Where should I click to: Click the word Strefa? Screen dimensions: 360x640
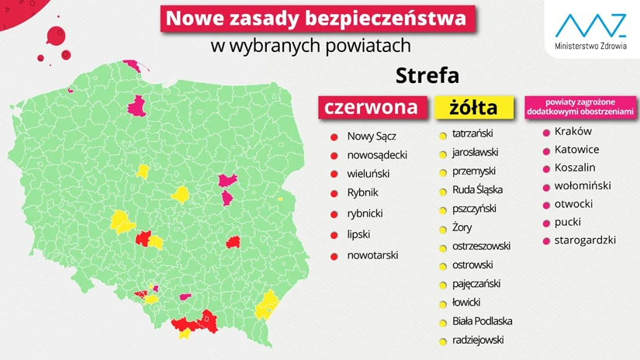pyautogui.click(x=427, y=76)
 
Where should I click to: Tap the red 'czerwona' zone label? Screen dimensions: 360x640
pyautogui.click(x=370, y=107)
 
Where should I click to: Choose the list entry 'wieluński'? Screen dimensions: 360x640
pyautogui.click(x=368, y=174)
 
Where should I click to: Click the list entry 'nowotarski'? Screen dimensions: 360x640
pyautogui.click(x=372, y=254)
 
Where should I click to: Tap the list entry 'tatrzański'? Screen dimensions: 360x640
pyautogui.click(x=472, y=133)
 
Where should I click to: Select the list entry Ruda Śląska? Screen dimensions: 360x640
pyautogui.click(x=477, y=190)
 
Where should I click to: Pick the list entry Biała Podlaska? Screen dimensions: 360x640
pyautogui.click(x=482, y=321)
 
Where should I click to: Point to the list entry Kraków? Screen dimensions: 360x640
pyautogui.click(x=573, y=132)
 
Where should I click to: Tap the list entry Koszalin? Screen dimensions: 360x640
pyautogui.click(x=575, y=168)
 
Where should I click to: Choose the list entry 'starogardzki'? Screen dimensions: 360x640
pyautogui.click(x=585, y=240)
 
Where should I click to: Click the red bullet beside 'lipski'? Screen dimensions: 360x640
pyautogui.click(x=334, y=235)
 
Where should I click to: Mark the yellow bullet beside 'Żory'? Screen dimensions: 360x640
pyautogui.click(x=442, y=229)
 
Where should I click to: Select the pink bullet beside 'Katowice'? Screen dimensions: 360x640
pyautogui.click(x=545, y=151)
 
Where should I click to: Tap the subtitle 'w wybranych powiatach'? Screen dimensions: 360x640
pyautogui.click(x=310, y=45)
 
